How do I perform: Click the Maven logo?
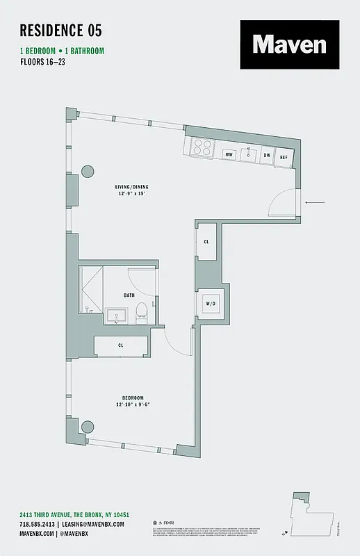click(289, 45)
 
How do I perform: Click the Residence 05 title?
click(60, 30)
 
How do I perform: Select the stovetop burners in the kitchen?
click(202, 147)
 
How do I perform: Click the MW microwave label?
click(228, 155)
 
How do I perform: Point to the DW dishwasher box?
click(266, 155)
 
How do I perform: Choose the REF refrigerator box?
click(284, 157)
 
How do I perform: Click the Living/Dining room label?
click(132, 188)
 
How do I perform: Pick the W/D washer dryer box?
click(209, 302)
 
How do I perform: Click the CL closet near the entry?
click(206, 242)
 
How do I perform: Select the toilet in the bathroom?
click(140, 309)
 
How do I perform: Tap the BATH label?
click(129, 295)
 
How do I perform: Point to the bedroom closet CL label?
click(121, 345)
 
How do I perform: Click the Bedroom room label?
click(132, 398)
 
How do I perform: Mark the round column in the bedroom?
click(88, 428)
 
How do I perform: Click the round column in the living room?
click(88, 172)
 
